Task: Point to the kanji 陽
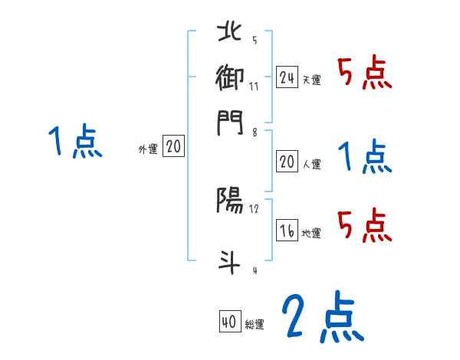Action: point(230,201)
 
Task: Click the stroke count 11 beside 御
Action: point(254,86)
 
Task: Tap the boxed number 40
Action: point(229,322)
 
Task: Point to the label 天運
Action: point(311,80)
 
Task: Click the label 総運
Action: point(255,325)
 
